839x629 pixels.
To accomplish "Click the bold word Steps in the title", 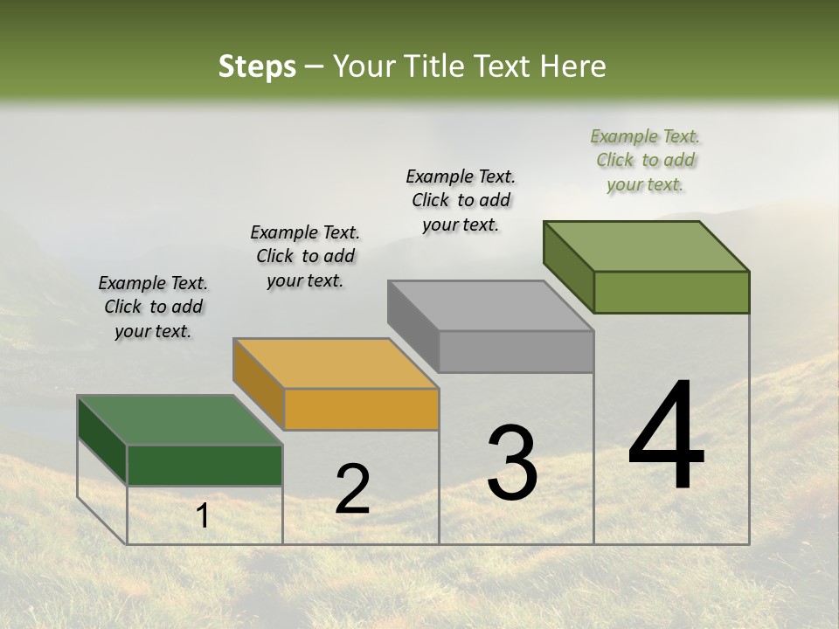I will click(257, 66).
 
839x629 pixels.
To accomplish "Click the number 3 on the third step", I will click(512, 462).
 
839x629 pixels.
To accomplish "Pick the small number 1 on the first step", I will click(203, 516).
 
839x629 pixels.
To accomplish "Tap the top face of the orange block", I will click(336, 363).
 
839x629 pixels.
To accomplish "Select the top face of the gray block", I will click(491, 306).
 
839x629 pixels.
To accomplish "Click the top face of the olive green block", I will click(647, 246).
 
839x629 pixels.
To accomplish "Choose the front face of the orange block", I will click(361, 410).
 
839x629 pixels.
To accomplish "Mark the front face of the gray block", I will click(517, 352).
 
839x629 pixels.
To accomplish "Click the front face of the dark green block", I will click(205, 466).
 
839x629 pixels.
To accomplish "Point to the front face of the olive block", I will click(671, 292).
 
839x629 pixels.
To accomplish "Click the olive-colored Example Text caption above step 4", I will click(645, 160).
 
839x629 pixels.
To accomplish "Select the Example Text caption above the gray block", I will click(461, 200).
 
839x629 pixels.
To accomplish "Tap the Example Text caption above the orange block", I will click(305, 256).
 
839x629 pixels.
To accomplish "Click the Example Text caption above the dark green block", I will click(153, 307).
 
